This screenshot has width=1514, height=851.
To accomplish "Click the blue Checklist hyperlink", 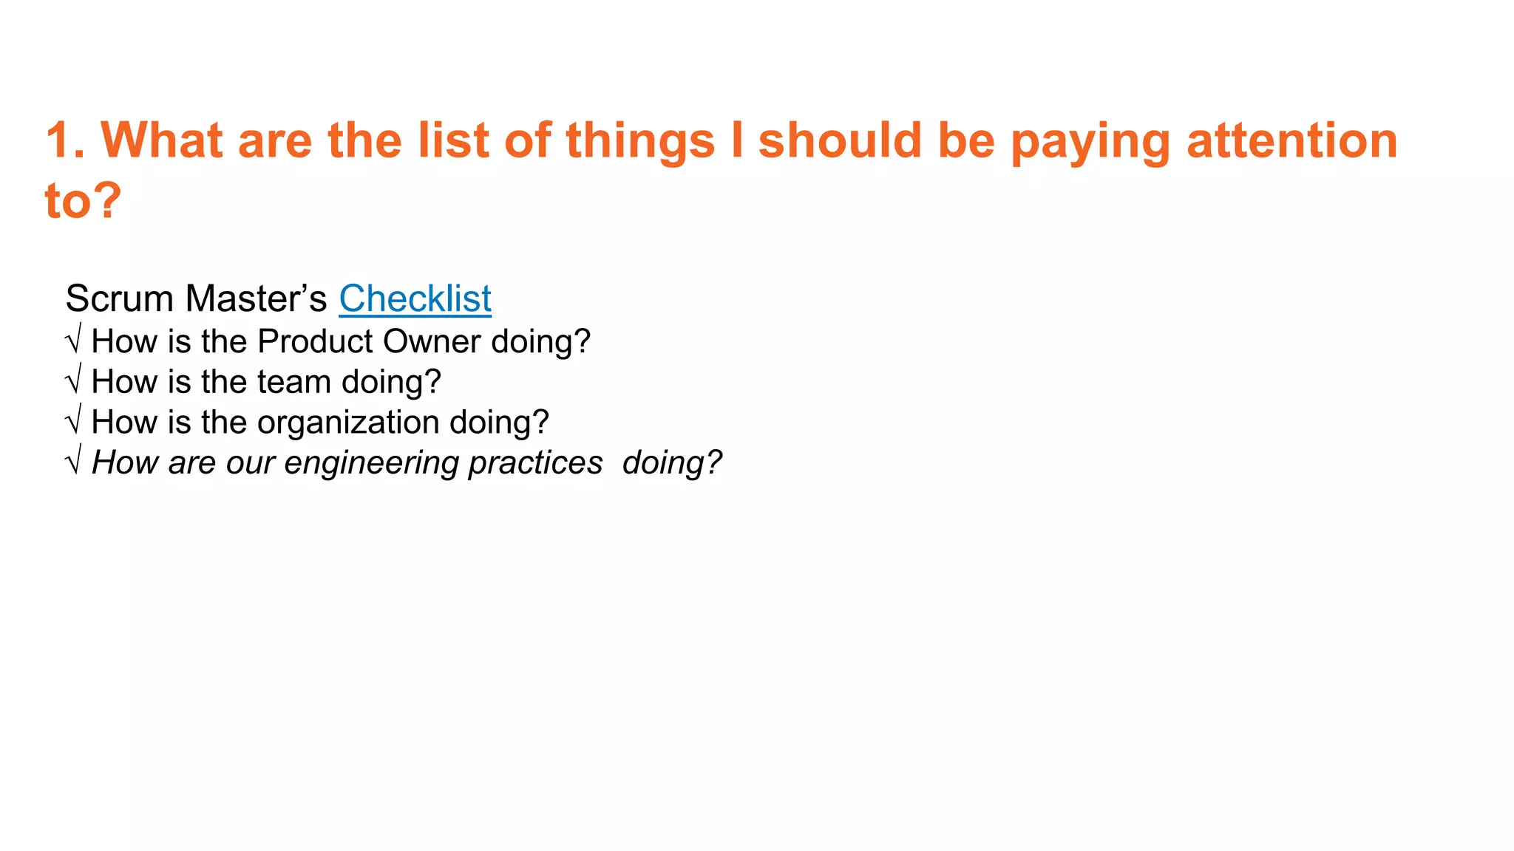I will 415,299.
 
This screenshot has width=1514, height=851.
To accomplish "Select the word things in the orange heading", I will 640,140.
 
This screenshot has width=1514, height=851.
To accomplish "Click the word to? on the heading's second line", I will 83,200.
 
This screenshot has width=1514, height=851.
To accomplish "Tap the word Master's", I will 256,299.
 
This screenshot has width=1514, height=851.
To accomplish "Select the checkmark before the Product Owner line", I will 72,341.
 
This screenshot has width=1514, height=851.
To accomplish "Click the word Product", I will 316,341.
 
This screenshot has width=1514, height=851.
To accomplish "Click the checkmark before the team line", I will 72,382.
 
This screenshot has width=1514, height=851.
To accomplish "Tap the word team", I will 294,382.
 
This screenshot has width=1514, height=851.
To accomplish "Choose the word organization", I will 348,423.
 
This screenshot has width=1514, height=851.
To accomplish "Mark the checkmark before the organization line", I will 72,423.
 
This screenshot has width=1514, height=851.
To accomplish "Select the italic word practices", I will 535,463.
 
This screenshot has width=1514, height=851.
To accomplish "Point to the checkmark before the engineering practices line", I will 72,463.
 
